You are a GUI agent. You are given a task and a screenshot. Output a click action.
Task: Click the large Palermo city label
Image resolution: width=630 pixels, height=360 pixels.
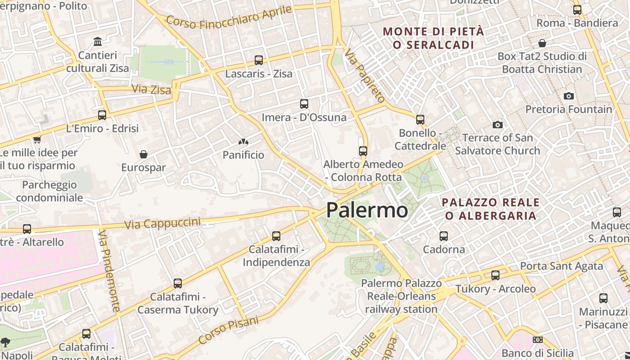coord(367,210)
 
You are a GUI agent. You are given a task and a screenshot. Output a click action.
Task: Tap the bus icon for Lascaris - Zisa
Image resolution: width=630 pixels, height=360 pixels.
coord(259,60)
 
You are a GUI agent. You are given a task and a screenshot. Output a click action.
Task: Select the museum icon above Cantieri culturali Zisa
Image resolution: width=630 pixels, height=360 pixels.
coord(98,42)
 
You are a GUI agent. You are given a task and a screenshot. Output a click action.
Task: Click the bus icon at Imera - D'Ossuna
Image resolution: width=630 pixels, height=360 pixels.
coord(304,104)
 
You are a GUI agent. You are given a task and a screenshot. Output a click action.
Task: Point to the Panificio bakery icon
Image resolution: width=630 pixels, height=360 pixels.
coord(243,142)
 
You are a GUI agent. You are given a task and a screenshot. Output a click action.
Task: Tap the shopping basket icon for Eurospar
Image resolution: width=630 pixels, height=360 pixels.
coord(144,154)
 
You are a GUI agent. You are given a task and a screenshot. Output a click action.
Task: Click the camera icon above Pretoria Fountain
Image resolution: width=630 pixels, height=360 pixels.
coord(569,96)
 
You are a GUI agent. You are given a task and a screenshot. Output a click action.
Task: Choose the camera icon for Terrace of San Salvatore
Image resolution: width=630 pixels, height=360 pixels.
coord(497,125)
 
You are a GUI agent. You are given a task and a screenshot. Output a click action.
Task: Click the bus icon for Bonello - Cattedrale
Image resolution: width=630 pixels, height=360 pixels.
coord(420,119)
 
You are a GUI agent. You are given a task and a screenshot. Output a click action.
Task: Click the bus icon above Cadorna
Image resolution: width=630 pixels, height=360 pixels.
coord(444,236)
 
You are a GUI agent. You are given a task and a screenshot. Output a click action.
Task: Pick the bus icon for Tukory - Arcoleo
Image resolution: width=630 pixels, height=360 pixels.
coord(495,275)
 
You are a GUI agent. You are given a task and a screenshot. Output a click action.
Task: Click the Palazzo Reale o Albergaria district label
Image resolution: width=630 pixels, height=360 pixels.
coord(490,209)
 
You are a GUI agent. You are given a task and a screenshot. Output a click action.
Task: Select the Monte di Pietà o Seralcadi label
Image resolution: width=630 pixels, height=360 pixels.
coord(433,38)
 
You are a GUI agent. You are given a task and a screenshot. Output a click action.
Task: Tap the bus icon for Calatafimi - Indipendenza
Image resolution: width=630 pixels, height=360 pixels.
coord(276,236)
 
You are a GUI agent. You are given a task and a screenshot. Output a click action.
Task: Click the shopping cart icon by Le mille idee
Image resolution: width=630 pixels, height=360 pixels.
coord(37,139)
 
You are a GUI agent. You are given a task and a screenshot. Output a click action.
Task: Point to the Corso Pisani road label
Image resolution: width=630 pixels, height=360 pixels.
coord(229,329)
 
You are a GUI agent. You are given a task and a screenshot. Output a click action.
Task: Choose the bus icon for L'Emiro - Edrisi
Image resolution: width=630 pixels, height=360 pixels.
coord(102,115)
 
